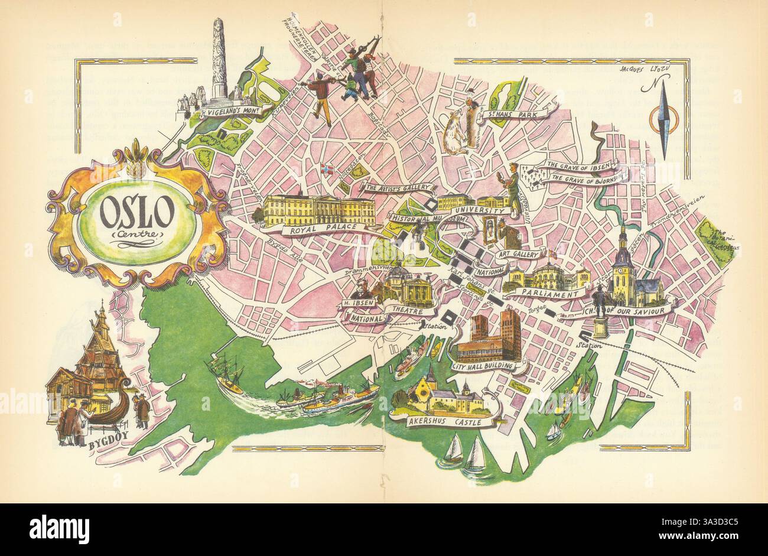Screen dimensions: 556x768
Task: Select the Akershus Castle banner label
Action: (445, 422)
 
